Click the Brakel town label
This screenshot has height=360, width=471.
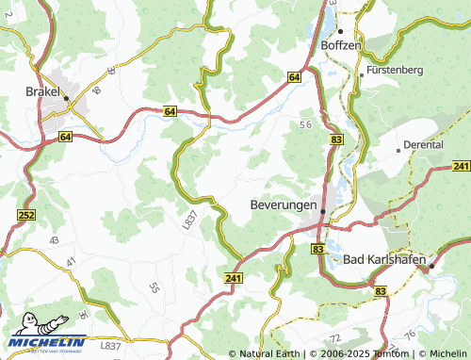(x=43, y=92)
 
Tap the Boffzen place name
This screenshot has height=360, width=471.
(x=341, y=44)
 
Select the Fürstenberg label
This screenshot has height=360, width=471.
(x=396, y=71)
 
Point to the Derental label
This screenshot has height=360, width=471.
(x=422, y=146)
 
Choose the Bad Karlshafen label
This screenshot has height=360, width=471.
(x=381, y=258)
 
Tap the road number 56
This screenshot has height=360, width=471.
(x=305, y=124)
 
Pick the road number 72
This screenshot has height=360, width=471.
(x=333, y=336)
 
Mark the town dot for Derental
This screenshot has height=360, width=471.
(x=397, y=147)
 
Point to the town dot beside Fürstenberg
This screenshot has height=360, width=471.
(x=361, y=72)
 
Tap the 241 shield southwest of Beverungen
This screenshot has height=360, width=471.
(x=234, y=278)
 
